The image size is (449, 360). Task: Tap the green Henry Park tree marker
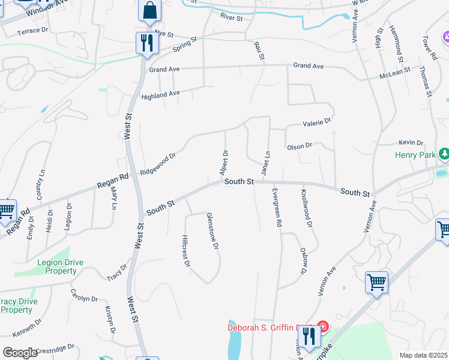pyautogui.click(x=444, y=155)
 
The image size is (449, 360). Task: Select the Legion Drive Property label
pyautogui.click(x=52, y=266)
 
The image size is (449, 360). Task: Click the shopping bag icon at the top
pyautogui.click(x=149, y=11)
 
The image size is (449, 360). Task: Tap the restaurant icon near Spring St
pyautogui.click(x=146, y=43)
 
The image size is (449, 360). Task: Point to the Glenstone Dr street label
pyautogui.click(x=212, y=230)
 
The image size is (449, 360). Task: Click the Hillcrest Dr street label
pyautogui.click(x=186, y=251)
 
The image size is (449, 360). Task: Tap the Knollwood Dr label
pyautogui.click(x=306, y=208)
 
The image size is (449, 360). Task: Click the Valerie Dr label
pyautogui.click(x=318, y=122)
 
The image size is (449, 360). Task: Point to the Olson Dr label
pyautogui.click(x=300, y=146)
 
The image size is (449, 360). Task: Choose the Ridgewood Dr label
pyautogui.click(x=158, y=164)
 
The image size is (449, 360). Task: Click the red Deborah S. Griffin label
pyautogui.click(x=267, y=328)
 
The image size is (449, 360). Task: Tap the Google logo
pyautogui.click(x=20, y=352)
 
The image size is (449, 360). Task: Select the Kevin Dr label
pyautogui.click(x=411, y=143)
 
